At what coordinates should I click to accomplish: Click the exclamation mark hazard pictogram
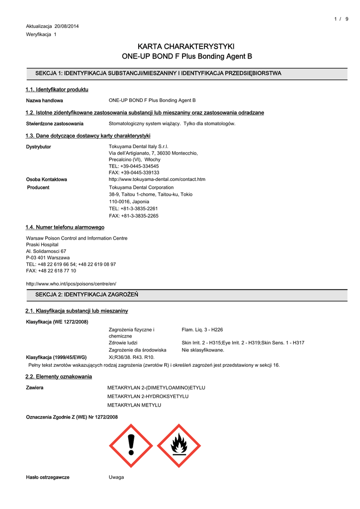click(x=131, y=445)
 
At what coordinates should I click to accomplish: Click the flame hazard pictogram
click(x=179, y=445)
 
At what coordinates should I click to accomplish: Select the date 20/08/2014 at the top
click(x=67, y=26)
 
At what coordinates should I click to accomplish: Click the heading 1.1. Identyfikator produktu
click(x=57, y=89)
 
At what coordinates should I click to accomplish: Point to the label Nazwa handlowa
click(x=44, y=100)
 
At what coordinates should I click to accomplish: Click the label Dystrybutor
click(x=38, y=147)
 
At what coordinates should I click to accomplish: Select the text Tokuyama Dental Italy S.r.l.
click(x=139, y=147)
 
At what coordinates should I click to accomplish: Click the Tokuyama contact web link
click(x=157, y=179)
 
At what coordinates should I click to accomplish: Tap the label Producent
click(x=38, y=187)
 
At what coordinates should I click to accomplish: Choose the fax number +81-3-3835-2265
click(x=134, y=216)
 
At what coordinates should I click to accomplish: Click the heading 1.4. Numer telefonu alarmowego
click(x=65, y=227)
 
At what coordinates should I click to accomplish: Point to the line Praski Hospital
click(x=42, y=245)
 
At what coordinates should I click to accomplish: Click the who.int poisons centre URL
click(x=71, y=283)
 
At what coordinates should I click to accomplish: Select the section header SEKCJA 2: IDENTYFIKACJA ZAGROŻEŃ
click(x=87, y=295)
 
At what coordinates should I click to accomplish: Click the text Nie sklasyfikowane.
click(x=203, y=350)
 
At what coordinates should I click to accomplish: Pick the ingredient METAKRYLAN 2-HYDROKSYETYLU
click(x=148, y=396)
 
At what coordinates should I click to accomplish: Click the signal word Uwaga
click(x=116, y=477)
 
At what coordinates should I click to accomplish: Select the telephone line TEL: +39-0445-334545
click(x=134, y=166)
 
